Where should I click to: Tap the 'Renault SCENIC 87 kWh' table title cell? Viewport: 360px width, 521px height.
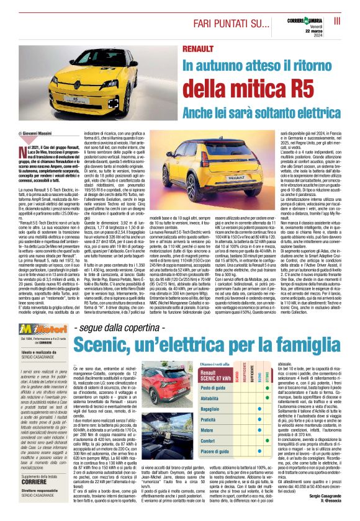(215, 372)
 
